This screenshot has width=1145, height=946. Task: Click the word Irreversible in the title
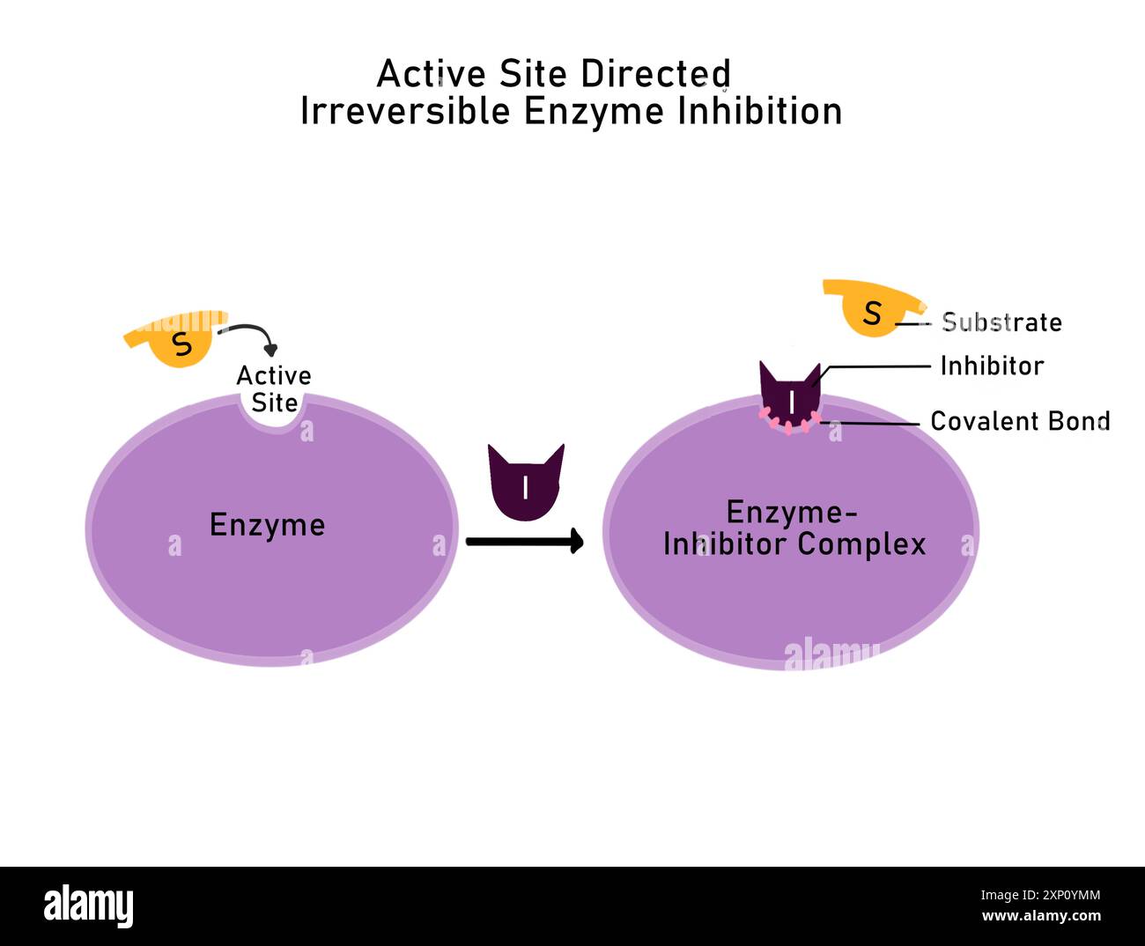coord(405,112)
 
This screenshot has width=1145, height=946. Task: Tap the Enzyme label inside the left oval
coord(267,525)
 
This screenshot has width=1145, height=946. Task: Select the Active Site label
coord(274,388)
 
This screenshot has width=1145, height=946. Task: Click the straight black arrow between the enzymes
coord(524,541)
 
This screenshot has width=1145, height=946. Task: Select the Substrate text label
coord(1001,322)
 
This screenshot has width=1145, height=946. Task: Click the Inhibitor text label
coord(992,366)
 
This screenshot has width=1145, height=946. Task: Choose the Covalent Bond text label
coord(1020,421)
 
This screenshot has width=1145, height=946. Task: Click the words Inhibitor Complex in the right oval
coord(794,544)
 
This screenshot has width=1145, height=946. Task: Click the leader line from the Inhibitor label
coord(876,366)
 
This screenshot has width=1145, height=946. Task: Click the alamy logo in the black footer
coord(88,906)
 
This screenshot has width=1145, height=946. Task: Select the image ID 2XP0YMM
coord(1041,896)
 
